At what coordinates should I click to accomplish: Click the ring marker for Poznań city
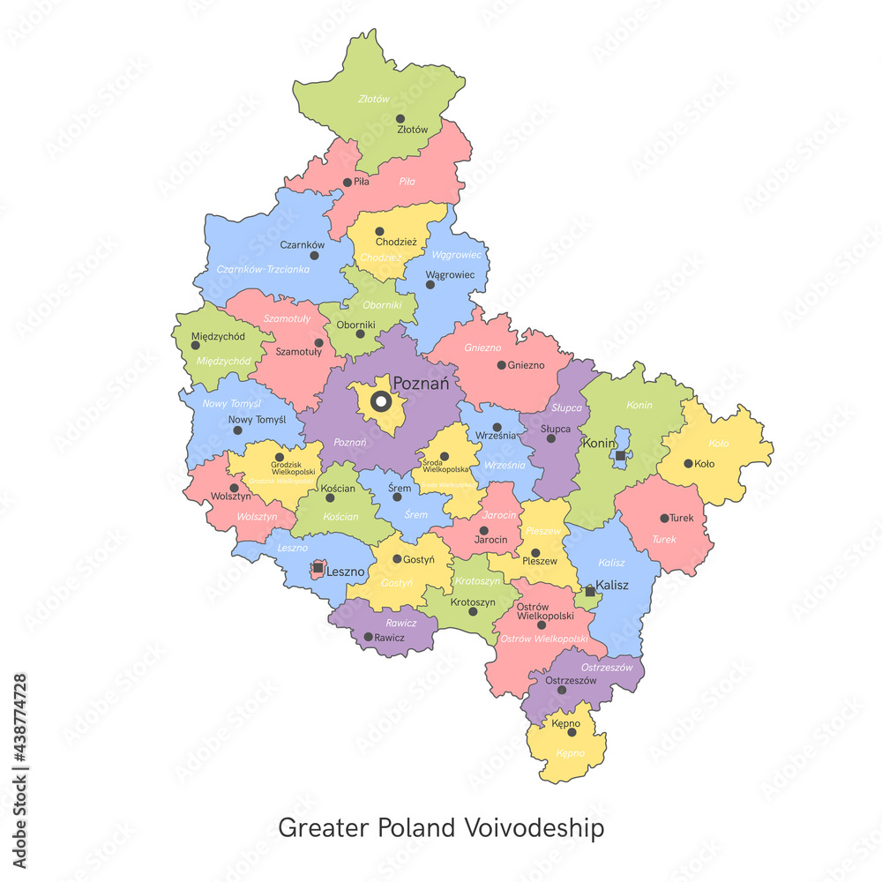(x=380, y=402)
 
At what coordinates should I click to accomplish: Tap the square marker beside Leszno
(x=318, y=569)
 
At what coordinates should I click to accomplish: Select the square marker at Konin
(x=620, y=455)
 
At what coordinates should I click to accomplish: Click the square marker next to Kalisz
(x=590, y=591)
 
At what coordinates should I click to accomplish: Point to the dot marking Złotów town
(x=400, y=118)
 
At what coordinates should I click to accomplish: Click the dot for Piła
(x=347, y=183)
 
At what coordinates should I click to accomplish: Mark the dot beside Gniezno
(x=501, y=364)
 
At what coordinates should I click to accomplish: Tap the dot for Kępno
(x=572, y=732)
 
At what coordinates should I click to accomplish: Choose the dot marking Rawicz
(x=369, y=636)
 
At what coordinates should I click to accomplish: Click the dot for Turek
(x=664, y=519)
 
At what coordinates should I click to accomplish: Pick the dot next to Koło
(x=688, y=463)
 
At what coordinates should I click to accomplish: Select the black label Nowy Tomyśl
(x=258, y=420)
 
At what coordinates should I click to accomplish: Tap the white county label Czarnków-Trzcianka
(x=263, y=269)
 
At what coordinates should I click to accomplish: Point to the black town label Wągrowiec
(x=450, y=274)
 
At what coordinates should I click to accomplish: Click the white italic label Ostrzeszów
(x=608, y=668)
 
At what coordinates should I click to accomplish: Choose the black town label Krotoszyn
(x=473, y=602)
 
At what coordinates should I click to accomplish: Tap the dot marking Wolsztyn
(x=234, y=487)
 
